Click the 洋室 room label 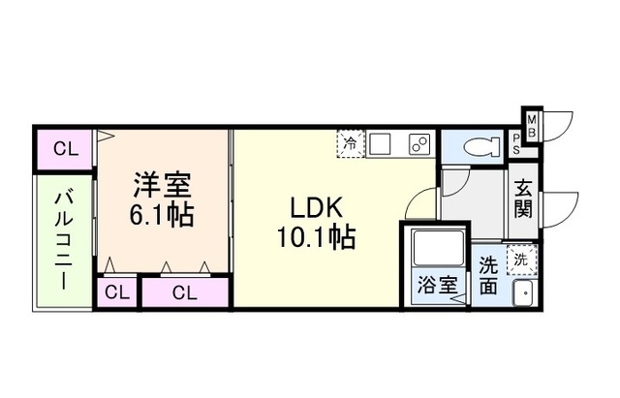162,184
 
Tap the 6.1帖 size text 162,212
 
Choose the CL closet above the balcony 65,149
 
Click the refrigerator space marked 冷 350,143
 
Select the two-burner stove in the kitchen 420,144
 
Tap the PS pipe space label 516,144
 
